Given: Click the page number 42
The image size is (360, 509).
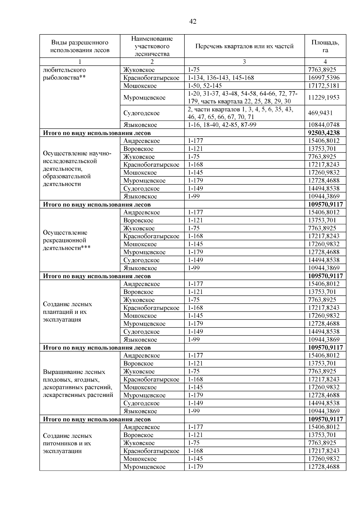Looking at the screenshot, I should [x=193, y=22].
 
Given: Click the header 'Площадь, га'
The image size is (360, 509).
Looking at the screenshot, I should [x=325, y=46].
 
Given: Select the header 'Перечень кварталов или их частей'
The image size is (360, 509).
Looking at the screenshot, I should [x=244, y=46].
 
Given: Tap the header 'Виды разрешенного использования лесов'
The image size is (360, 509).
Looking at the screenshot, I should [x=80, y=46].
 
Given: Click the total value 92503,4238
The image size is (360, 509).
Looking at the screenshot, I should [x=325, y=133].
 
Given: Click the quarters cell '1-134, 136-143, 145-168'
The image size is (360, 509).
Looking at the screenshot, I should [x=221, y=78].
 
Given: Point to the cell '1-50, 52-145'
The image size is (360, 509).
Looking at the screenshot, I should [x=205, y=86].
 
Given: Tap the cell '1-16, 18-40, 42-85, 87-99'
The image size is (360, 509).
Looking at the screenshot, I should [x=222, y=125].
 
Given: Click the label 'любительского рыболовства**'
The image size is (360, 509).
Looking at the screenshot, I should [x=64, y=74].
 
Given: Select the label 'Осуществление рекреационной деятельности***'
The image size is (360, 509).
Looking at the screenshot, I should [x=67, y=240].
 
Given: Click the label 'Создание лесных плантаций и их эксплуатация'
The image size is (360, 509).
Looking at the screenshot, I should [x=67, y=312].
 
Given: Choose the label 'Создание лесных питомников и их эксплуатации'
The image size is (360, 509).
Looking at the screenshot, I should [x=67, y=443].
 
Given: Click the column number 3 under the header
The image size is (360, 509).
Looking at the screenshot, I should [x=244, y=62].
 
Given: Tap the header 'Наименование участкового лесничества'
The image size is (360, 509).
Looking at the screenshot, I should [x=152, y=46].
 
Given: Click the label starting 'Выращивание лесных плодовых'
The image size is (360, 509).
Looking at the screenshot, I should [x=78, y=383].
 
